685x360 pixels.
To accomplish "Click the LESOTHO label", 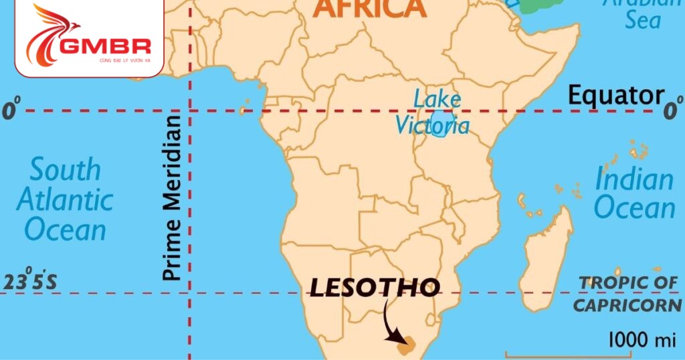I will (x=375, y=288).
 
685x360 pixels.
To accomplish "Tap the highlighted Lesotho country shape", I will (x=405, y=347).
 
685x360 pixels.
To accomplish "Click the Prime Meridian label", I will (x=172, y=197).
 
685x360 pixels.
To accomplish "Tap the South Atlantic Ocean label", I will (x=65, y=199).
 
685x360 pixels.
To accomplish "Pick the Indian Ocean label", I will (x=634, y=194).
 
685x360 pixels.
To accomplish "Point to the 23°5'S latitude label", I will (x=31, y=282).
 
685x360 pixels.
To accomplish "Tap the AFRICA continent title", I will (x=369, y=9).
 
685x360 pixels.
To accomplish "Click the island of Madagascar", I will (x=548, y=261).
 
